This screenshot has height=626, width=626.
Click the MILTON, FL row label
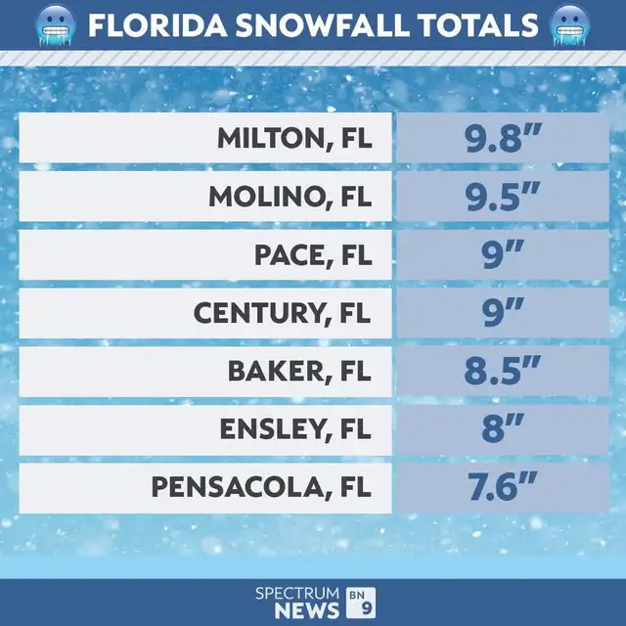tap(294, 139)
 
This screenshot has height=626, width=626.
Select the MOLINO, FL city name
tap(291, 197)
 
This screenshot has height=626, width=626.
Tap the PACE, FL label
tap(314, 254)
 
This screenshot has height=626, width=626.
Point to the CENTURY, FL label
tap(284, 313)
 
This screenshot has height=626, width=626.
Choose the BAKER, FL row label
tap(300, 371)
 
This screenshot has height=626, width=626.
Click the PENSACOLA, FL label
tap(262, 487)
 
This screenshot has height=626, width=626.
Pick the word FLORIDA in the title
tap(149, 24)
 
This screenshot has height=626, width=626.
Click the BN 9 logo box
tap(359, 602)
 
